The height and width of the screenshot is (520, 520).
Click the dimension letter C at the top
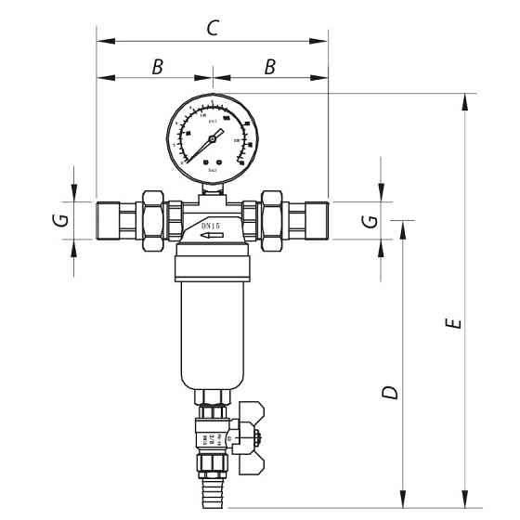click(x=212, y=28)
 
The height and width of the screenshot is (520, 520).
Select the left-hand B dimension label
click(x=157, y=66)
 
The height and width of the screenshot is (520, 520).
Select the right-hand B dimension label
click(x=270, y=66)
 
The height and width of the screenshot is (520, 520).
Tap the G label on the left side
click(x=58, y=221)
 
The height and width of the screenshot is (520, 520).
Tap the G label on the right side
click(x=370, y=221)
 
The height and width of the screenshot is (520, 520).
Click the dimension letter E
click(x=452, y=324)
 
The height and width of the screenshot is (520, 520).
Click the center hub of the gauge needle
click(x=212, y=138)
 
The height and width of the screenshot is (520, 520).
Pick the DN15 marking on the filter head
click(x=212, y=227)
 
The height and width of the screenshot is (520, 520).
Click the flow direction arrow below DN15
click(x=213, y=238)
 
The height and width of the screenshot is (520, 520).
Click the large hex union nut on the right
click(x=273, y=219)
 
